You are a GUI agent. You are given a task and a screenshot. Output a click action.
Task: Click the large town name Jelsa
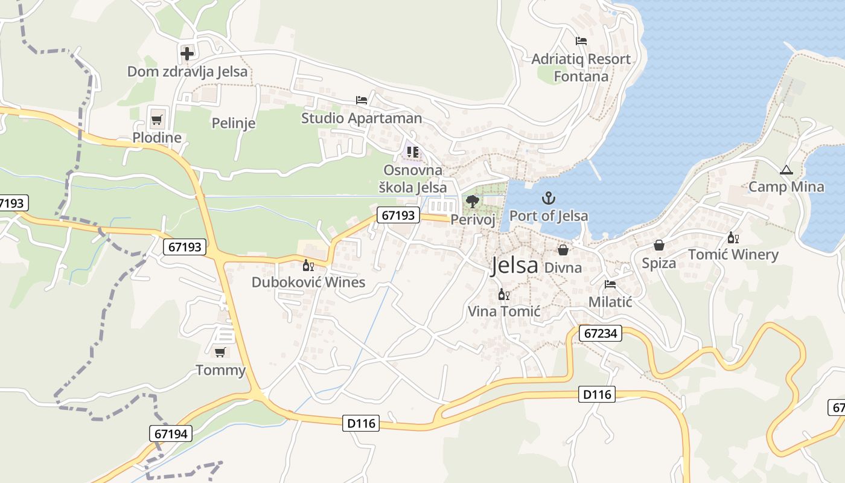514,266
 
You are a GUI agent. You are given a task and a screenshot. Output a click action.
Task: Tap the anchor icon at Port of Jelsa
548,197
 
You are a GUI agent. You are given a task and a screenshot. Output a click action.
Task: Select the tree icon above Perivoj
473,202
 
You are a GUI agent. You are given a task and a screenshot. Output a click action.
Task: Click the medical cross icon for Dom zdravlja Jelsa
187,53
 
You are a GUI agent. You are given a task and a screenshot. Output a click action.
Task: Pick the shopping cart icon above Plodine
156,120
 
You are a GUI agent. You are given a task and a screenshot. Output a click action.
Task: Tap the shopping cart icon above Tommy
220,352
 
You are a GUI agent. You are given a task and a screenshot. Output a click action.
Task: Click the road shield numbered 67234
600,333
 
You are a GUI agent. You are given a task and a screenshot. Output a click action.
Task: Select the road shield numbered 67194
171,433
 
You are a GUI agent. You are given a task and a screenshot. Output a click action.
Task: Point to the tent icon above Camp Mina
785,170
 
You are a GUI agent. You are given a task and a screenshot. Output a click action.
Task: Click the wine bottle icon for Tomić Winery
733,237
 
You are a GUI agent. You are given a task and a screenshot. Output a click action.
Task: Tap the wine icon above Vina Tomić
503,295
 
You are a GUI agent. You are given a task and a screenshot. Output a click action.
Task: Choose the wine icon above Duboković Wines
308,265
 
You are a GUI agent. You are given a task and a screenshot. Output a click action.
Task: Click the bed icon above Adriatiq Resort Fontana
581,41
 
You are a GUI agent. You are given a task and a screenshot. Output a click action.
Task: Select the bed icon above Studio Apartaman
362,100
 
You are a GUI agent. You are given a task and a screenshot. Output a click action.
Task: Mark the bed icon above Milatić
610,284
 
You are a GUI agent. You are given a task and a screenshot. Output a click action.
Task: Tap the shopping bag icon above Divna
563,249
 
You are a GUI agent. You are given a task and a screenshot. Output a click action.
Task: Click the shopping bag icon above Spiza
658,245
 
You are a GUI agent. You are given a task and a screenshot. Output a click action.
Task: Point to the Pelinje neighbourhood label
234,123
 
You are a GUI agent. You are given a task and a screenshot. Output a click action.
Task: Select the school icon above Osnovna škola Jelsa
413,152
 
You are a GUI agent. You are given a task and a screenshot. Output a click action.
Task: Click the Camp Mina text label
786,187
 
